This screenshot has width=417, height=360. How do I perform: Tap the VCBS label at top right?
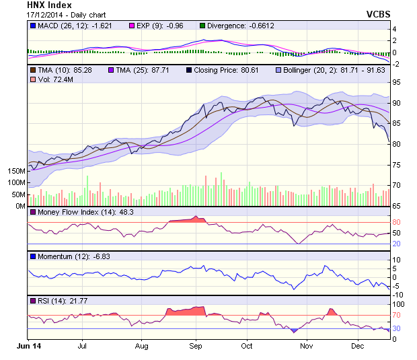point(378,13)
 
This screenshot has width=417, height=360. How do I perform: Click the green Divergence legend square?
point(202,26)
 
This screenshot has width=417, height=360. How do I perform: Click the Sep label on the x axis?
point(196,346)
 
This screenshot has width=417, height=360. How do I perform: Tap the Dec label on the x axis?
point(357,346)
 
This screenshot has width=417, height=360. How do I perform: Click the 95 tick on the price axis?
point(397,82)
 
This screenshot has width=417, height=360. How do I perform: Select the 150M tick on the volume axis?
point(17,171)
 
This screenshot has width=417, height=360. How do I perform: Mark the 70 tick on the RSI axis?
point(397,314)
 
